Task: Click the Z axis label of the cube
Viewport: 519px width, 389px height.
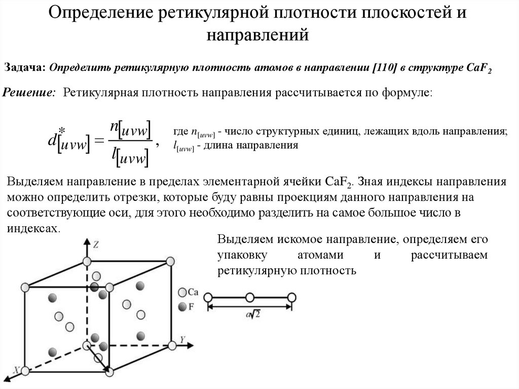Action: point(96,244)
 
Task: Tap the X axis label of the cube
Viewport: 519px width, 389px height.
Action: point(17,371)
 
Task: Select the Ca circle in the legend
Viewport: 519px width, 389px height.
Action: point(182,292)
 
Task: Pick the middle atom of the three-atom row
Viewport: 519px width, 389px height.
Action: point(249,297)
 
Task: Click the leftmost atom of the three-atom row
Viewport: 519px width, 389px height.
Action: point(208,297)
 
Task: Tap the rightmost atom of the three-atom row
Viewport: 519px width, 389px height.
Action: point(291,297)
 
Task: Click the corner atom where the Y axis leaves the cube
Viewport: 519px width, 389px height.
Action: point(172,345)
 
